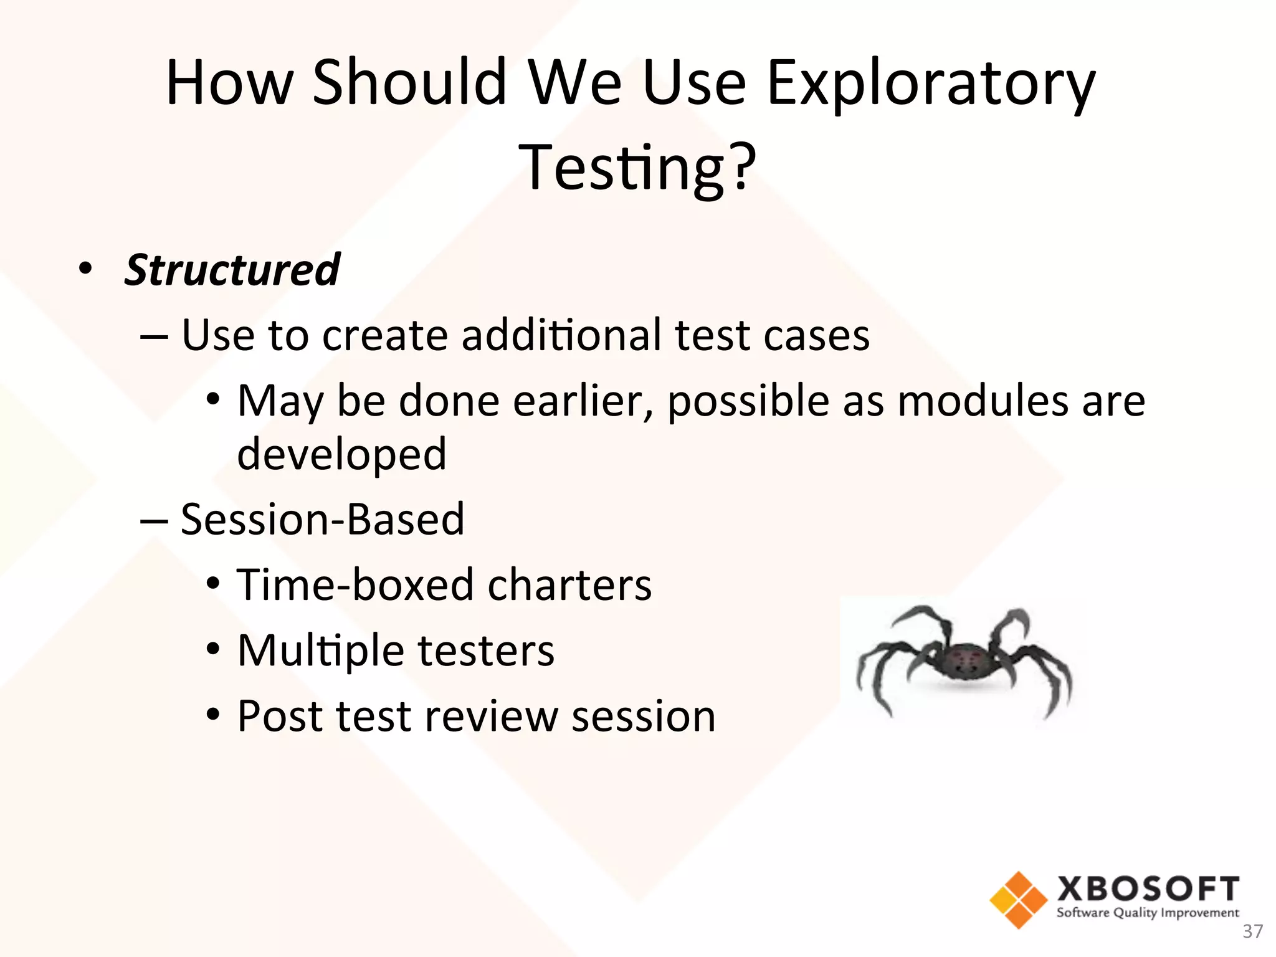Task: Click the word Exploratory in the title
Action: [x=930, y=84]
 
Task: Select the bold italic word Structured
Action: [x=232, y=270]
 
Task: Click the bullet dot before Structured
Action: [x=85, y=269]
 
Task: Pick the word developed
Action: [x=341, y=454]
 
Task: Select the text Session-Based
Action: [x=322, y=519]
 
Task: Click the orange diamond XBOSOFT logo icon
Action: [x=1018, y=900]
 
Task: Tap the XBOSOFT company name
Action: [x=1148, y=889]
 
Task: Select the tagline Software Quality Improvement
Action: [x=1148, y=913]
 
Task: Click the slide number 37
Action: [x=1252, y=931]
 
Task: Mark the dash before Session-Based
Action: [x=153, y=520]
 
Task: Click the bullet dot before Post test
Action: [x=213, y=715]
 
